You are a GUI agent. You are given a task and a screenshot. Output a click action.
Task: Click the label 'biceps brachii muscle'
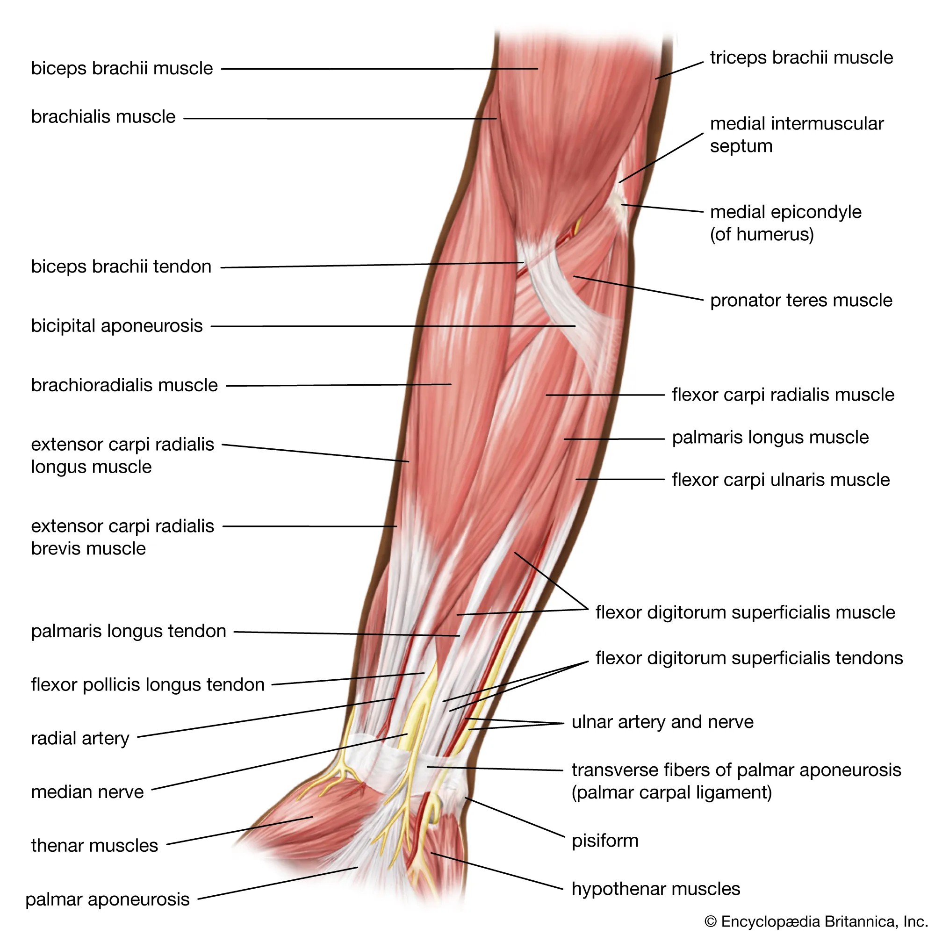122,68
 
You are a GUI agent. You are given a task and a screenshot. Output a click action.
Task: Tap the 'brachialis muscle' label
103,116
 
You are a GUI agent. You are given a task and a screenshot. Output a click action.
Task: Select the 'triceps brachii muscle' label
801,58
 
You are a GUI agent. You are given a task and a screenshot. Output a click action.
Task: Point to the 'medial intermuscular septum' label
796,135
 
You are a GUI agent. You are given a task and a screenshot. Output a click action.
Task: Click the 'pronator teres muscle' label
801,301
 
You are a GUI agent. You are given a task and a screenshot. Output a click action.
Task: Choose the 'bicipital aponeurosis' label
116,326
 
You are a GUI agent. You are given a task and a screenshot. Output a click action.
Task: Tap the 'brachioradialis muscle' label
124,385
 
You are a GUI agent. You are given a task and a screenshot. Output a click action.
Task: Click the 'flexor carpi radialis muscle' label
783,395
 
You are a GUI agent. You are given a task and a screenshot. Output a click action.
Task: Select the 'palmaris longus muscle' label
770,438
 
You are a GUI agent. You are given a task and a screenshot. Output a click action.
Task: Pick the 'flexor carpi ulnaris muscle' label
781,480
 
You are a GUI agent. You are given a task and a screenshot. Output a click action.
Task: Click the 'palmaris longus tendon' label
129,631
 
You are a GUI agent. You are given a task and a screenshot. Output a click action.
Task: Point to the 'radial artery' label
80,739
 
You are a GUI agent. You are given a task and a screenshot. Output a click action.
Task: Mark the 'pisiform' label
605,841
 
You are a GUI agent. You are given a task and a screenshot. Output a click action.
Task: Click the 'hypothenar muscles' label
656,889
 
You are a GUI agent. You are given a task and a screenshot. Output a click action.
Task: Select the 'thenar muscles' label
94,845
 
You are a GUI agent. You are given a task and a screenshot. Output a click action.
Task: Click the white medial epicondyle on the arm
619,206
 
